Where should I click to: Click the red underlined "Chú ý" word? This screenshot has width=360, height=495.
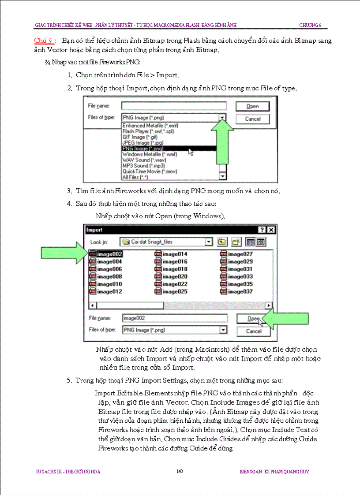pos(43,41)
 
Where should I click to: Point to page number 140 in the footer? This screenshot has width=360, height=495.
pos(180,472)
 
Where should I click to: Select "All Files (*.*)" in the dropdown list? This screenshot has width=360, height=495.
pos(135,177)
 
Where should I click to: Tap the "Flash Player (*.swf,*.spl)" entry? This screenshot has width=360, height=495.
pos(147,131)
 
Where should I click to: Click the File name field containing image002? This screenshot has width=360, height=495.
pos(175,318)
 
